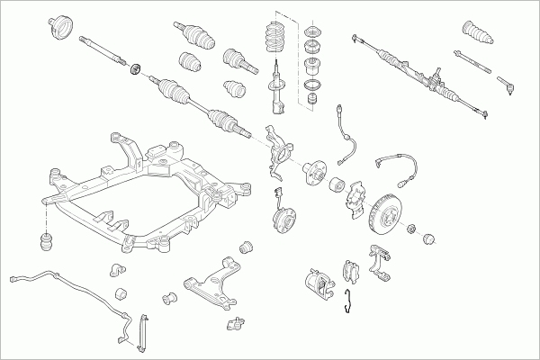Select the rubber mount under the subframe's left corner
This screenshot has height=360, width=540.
(x=42, y=242)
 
